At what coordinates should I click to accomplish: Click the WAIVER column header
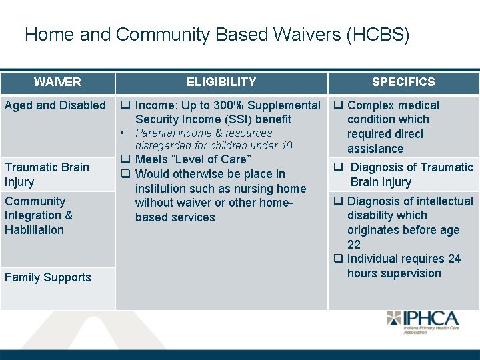57,82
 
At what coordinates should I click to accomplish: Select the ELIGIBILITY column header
221,82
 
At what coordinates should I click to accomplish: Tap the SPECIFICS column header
403,82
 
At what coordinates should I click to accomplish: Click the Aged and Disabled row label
55,105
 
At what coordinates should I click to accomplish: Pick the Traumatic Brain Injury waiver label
47,175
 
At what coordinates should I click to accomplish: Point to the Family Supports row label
48,277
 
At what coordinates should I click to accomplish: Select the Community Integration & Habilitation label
39,215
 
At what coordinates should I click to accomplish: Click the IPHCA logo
424,323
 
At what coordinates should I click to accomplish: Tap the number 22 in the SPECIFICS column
354,245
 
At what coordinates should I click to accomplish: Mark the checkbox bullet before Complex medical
338,105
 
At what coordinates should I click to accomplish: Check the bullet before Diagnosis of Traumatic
338,167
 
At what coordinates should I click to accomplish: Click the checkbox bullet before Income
125,105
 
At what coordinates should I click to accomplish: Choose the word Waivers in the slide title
302,35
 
